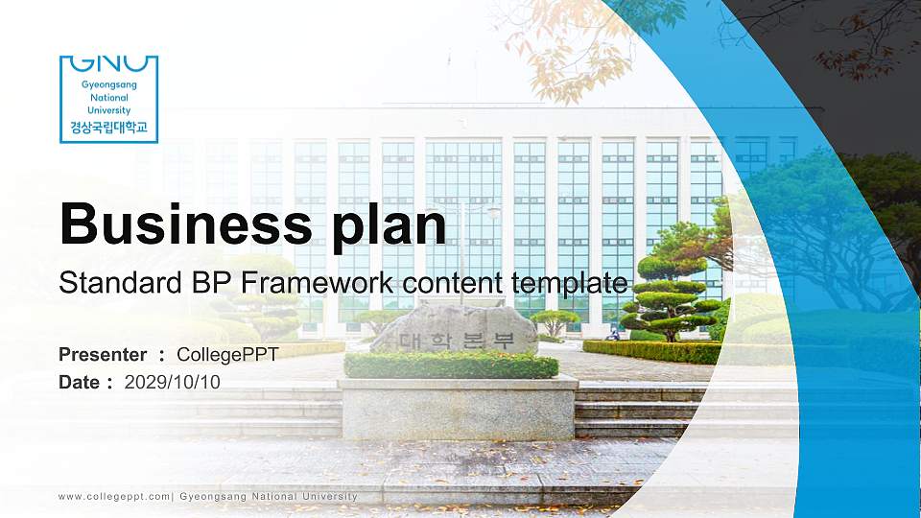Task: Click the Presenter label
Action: pos(103,355)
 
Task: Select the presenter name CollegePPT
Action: pos(227,355)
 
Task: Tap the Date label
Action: pos(80,382)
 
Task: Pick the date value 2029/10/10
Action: pos(173,382)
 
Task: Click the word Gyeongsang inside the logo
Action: pos(108,85)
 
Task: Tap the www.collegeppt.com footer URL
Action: pos(114,496)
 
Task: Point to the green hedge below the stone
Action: pos(451,365)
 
